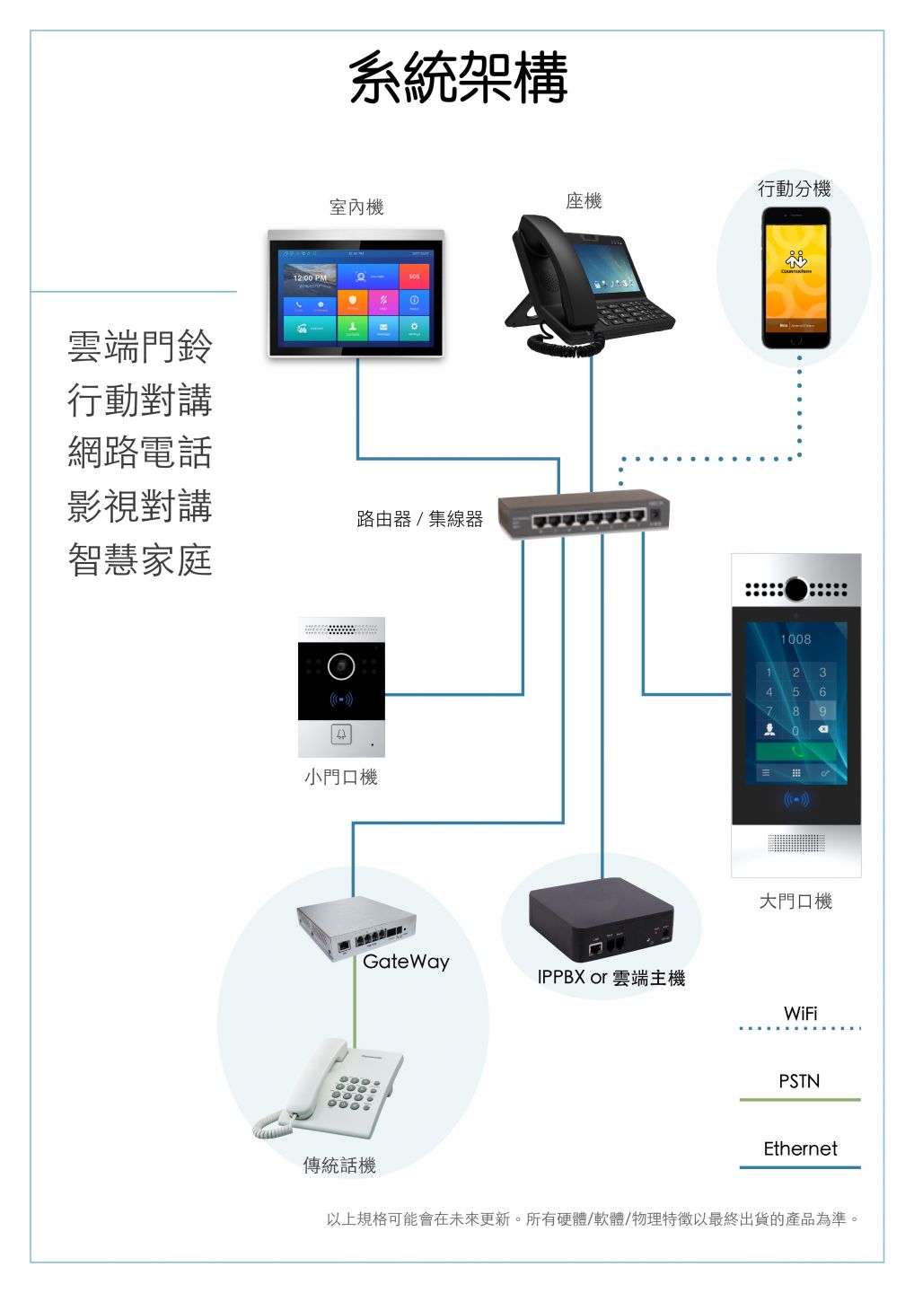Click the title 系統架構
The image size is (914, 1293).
[x=458, y=77]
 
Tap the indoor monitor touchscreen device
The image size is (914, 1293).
[x=356, y=295]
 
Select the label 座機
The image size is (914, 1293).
[x=584, y=201]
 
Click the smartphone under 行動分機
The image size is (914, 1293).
[x=795, y=278]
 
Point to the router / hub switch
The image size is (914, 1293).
[x=584, y=515]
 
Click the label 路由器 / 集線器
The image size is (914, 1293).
[x=419, y=519]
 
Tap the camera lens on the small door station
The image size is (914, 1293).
[x=341, y=666]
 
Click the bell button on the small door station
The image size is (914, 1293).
[x=341, y=734]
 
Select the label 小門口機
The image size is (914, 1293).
[x=340, y=777]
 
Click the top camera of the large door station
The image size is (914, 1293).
[x=796, y=589]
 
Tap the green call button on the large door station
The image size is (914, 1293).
[x=796, y=752]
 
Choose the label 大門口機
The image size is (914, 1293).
[x=795, y=901]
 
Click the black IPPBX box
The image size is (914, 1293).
[x=601, y=921]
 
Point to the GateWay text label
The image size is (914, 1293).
[x=406, y=962]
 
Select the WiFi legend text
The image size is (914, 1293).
[x=800, y=1013]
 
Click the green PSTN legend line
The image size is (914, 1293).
[x=799, y=1099]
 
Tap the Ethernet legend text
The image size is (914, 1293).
[x=800, y=1148]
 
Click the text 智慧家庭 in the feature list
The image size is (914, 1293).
[x=140, y=560]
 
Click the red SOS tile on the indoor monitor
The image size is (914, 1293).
[x=414, y=277]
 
